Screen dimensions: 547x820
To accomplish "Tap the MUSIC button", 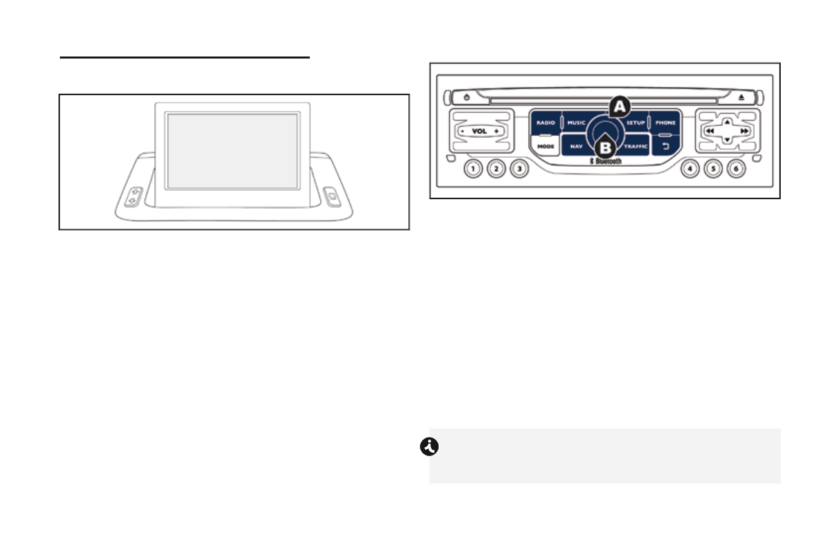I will click(x=576, y=123).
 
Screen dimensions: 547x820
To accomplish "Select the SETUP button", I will click(x=635, y=123).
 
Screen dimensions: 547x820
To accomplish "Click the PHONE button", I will click(x=665, y=123).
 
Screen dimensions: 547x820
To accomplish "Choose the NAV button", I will click(x=576, y=146).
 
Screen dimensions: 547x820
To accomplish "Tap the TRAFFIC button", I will click(x=635, y=146).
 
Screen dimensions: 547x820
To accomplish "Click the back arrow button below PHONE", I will click(x=665, y=146).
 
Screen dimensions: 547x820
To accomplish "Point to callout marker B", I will click(x=605, y=147).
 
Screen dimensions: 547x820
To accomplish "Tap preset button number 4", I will click(x=690, y=168).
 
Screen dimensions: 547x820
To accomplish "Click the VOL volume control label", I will click(x=479, y=131).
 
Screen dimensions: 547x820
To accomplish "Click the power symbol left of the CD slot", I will click(x=467, y=98).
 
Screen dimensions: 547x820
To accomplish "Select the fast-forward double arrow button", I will click(x=744, y=130).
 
